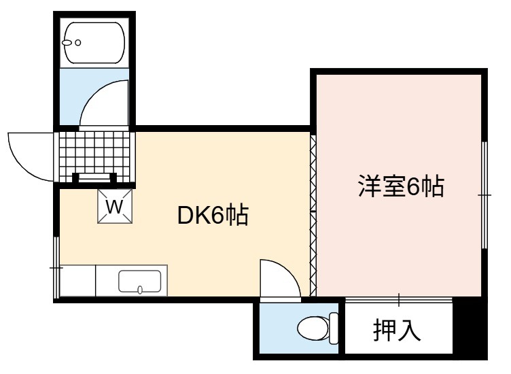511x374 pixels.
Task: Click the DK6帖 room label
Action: [x=213, y=215]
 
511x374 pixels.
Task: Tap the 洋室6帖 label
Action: [x=401, y=186]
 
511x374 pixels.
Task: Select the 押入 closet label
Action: [x=397, y=330]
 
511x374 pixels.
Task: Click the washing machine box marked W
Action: [x=115, y=206]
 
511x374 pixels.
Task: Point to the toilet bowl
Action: [x=313, y=328]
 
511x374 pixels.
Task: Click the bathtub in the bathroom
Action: [x=94, y=43]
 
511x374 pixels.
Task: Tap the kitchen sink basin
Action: [x=140, y=282]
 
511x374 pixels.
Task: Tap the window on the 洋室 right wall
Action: [x=484, y=195]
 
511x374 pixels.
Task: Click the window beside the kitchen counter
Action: [x=56, y=267]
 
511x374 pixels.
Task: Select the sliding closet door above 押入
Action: [x=399, y=300]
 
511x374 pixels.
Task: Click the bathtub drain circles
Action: [x=72, y=42]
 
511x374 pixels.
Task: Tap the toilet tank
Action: [x=334, y=328]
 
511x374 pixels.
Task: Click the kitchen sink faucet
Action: [x=140, y=290]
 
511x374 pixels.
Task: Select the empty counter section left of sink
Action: [x=78, y=281]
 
